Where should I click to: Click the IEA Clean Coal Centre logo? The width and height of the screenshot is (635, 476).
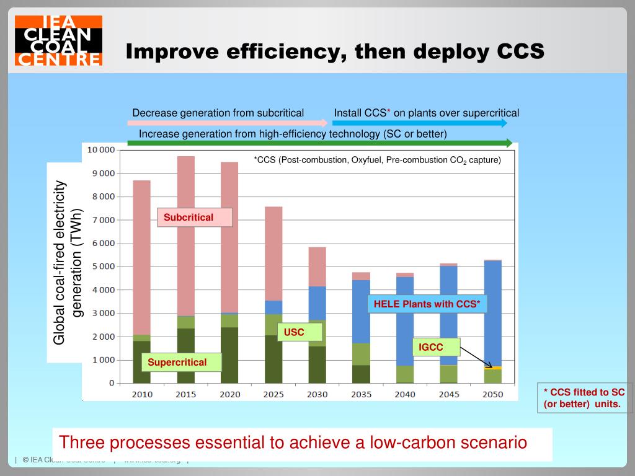(x=58, y=41)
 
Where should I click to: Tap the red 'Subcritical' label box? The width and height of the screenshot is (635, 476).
(x=194, y=218)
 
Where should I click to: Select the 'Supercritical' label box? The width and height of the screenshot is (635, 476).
(x=181, y=363)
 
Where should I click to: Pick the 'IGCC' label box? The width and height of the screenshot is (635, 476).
(x=437, y=347)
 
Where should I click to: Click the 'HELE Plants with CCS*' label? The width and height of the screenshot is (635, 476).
(x=427, y=304)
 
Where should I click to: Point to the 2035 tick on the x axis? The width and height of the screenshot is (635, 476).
(x=361, y=394)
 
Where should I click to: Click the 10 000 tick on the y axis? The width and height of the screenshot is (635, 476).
(x=100, y=150)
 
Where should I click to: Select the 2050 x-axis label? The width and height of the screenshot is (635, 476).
(x=492, y=394)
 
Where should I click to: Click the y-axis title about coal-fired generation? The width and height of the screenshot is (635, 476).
(x=68, y=262)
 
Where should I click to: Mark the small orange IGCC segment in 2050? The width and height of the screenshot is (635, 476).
(x=493, y=368)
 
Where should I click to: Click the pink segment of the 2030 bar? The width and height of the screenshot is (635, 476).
(x=317, y=267)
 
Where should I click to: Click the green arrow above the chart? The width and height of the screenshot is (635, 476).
(x=319, y=143)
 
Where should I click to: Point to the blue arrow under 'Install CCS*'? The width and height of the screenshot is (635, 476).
(x=420, y=123)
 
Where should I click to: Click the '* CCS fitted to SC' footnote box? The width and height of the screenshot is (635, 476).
(x=584, y=398)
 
